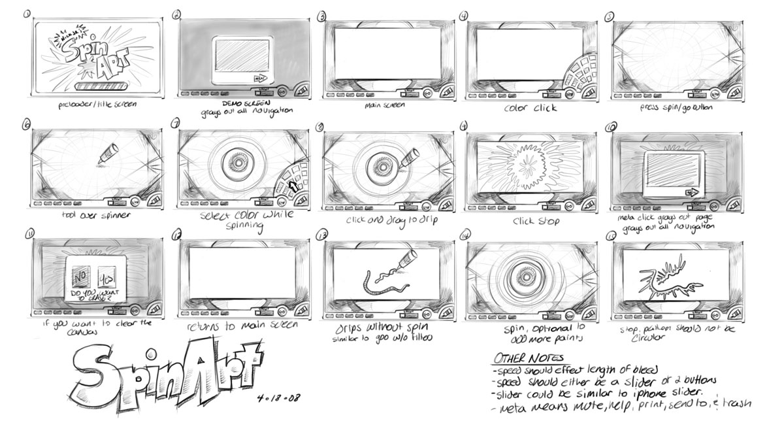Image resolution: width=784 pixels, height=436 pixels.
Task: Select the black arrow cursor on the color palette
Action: (293, 186)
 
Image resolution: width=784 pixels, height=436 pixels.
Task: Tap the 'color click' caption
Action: (530, 107)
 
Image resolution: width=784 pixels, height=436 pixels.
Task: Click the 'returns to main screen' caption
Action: (242, 324)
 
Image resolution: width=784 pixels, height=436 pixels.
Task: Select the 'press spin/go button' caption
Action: (675, 106)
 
